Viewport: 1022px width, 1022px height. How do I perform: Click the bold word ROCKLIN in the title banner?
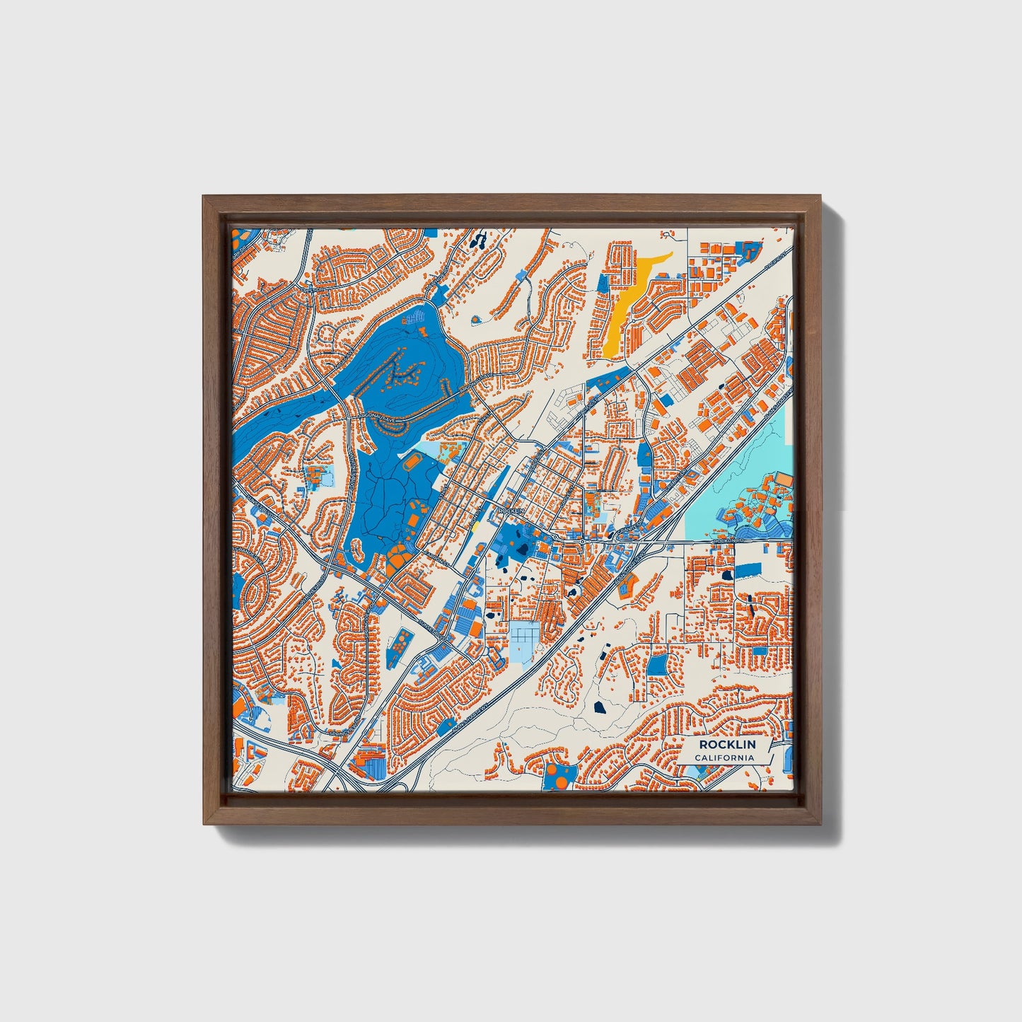coord(726,745)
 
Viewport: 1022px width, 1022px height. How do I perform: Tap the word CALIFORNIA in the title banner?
coord(724,758)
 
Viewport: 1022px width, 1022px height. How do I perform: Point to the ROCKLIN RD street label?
coord(729,541)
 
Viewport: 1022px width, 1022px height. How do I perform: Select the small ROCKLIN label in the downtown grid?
coord(511,510)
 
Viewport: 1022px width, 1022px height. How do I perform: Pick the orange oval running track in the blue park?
coord(412,463)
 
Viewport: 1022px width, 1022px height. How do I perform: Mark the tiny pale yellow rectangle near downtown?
coord(475,526)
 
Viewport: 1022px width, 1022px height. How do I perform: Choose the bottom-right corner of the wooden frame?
coord(822,824)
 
